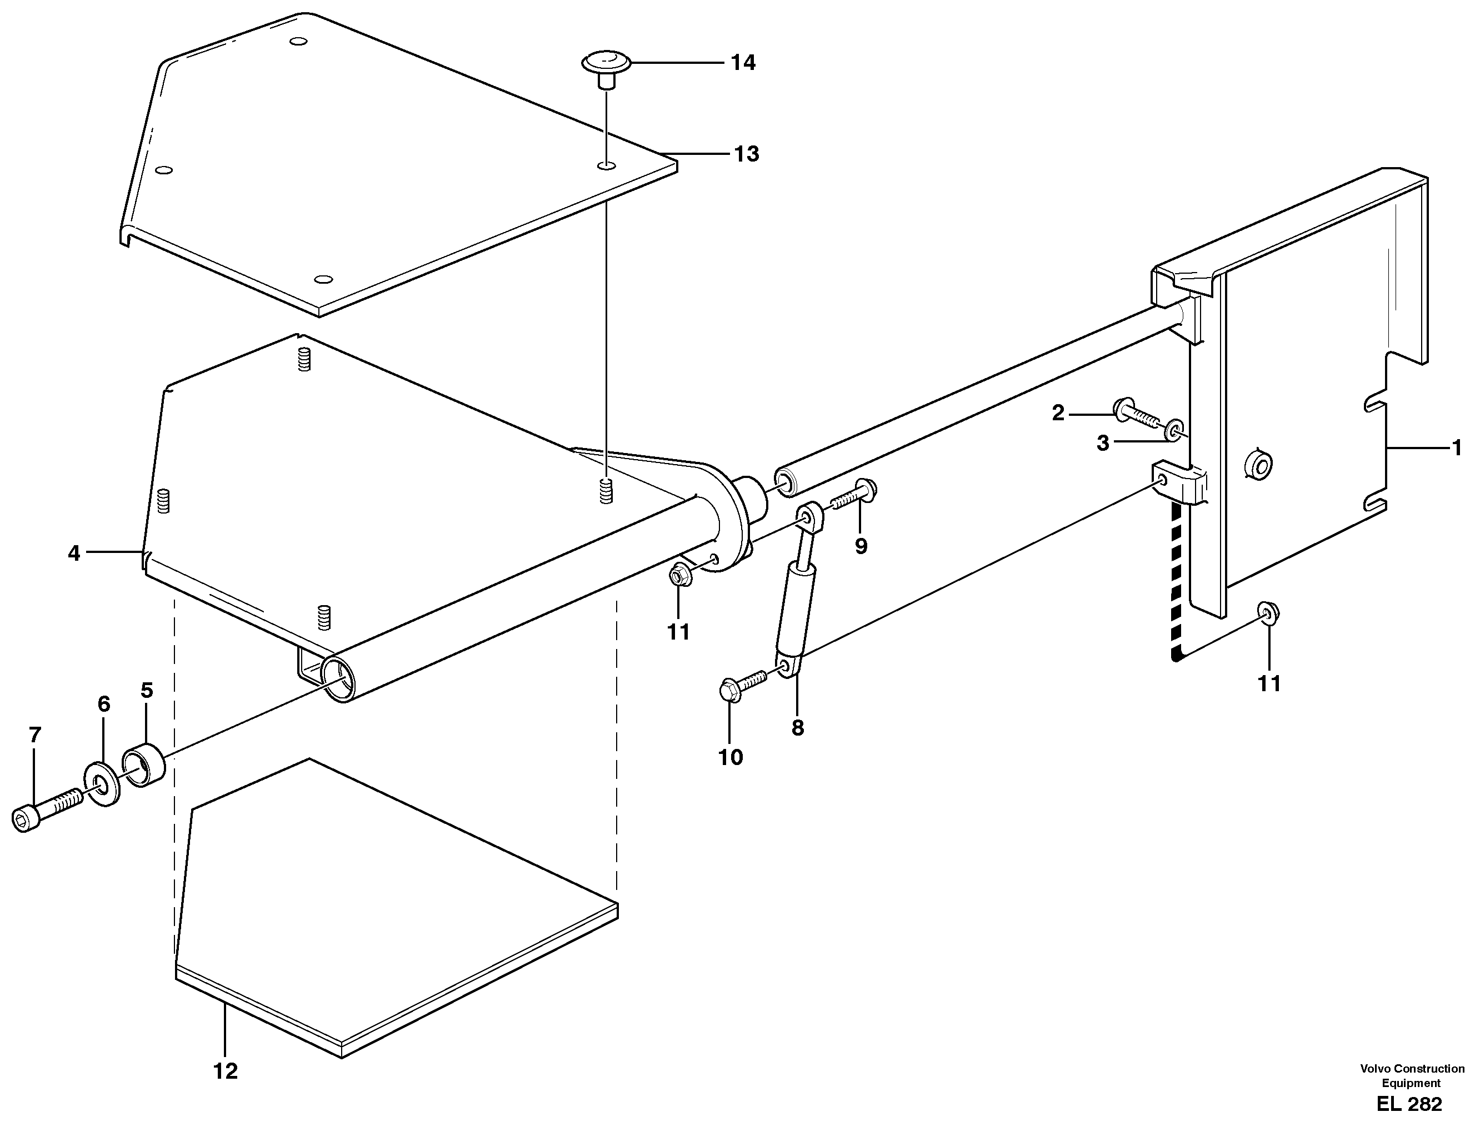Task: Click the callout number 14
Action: [743, 63]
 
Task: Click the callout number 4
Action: [73, 553]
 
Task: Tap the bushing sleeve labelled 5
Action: [143, 766]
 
